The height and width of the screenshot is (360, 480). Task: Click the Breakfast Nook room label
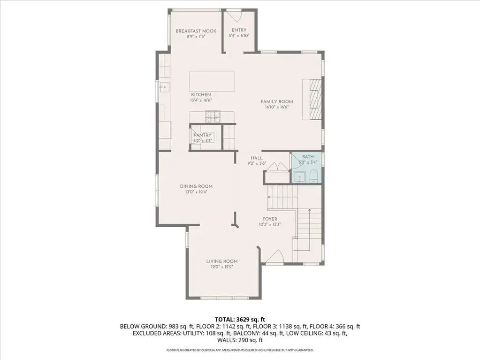click(x=196, y=31)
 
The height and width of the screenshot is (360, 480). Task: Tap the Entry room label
click(x=239, y=30)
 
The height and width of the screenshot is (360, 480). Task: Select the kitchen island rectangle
click(x=212, y=81)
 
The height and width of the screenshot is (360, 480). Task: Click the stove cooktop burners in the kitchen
click(x=213, y=116)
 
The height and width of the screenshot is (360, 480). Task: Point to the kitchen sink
click(x=163, y=87)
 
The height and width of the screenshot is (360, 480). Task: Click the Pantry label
click(x=202, y=135)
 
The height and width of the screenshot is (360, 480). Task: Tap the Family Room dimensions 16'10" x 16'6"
click(x=277, y=107)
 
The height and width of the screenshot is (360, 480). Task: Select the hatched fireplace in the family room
click(x=315, y=99)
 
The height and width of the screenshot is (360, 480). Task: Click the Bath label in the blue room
click(x=308, y=157)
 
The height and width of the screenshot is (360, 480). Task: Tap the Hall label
click(x=257, y=158)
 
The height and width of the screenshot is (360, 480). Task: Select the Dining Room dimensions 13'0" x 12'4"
click(x=196, y=192)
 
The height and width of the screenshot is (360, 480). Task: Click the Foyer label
click(x=270, y=219)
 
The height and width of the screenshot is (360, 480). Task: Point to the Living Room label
click(x=222, y=261)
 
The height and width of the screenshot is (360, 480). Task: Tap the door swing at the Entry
click(x=235, y=16)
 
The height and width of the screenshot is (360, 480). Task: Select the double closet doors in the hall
click(x=277, y=166)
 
